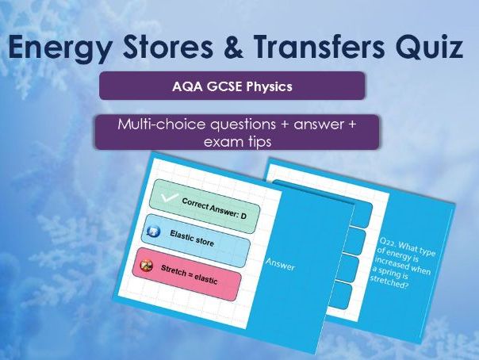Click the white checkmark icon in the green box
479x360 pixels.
click(x=167, y=197)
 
